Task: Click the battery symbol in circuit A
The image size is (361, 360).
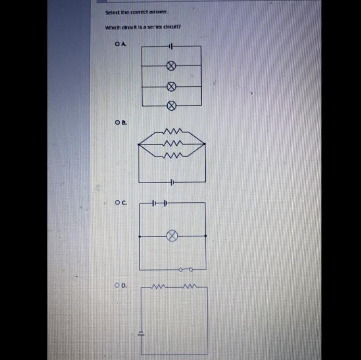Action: pos(170,46)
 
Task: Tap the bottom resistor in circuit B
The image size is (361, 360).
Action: pos(171,155)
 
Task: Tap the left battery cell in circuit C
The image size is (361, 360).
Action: pos(154,203)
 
